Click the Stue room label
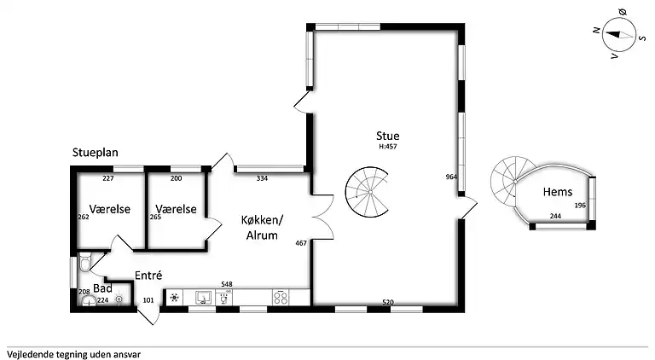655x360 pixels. [x=388, y=136]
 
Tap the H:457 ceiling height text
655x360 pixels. [x=388, y=147]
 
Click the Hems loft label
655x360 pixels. [x=558, y=192]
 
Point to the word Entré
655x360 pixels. [x=148, y=276]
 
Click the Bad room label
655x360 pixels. [x=102, y=288]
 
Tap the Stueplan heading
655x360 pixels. [x=96, y=153]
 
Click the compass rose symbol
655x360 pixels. [x=619, y=35]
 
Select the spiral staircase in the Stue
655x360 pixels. [x=368, y=192]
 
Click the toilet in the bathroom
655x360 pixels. [x=84, y=262]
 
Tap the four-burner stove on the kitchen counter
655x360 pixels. [x=281, y=298]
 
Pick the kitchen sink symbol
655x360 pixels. [x=204, y=298]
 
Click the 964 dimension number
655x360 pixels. [x=451, y=177]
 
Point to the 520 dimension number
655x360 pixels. [x=388, y=302]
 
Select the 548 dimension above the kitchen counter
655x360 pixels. [x=226, y=284]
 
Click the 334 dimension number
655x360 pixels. [x=262, y=178]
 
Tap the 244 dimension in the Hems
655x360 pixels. [x=555, y=216]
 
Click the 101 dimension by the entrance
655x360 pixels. [x=148, y=300]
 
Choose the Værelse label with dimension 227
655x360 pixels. [x=110, y=209]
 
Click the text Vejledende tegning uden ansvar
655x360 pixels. [x=73, y=355]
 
